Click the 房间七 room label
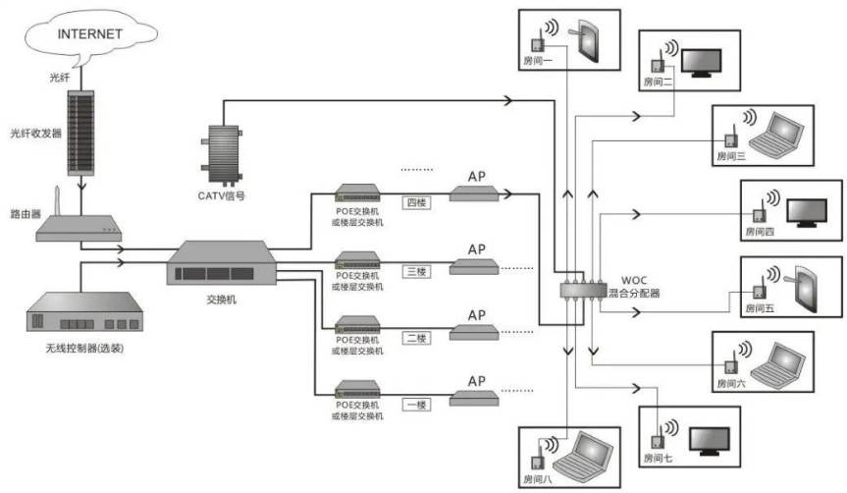pos(659,459)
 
